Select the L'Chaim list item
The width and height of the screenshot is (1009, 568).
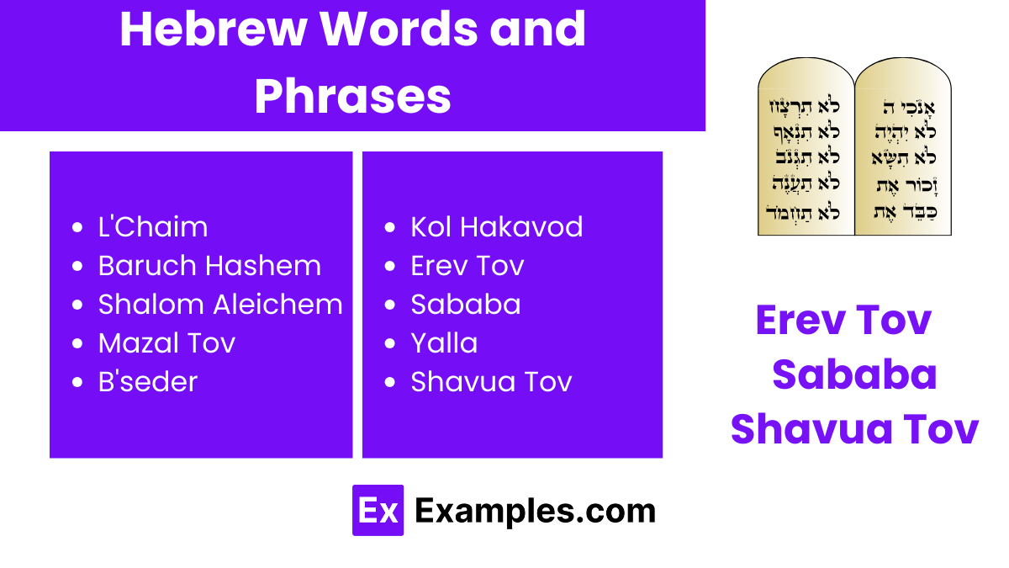[x=152, y=227]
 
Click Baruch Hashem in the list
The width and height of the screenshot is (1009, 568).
[x=209, y=266]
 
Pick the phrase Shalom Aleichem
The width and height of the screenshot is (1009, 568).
[x=220, y=305]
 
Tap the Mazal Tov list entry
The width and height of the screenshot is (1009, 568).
[x=166, y=343]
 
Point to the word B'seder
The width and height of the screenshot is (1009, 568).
[x=148, y=382]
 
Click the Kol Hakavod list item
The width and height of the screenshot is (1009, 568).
[x=496, y=227]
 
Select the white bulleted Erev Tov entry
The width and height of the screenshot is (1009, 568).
[x=467, y=266]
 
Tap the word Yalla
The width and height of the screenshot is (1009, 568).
[x=444, y=343]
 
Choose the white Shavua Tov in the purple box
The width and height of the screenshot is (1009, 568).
[x=491, y=382]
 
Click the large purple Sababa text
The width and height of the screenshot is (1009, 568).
[x=854, y=374]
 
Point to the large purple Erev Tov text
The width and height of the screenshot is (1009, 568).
[x=843, y=320]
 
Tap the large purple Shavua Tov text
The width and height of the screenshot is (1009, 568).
[x=854, y=429]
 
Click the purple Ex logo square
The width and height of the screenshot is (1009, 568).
[x=378, y=510]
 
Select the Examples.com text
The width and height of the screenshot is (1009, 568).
[x=535, y=511]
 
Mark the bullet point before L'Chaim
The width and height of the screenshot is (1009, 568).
[x=78, y=228]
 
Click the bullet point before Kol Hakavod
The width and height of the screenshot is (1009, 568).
[x=390, y=228]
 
